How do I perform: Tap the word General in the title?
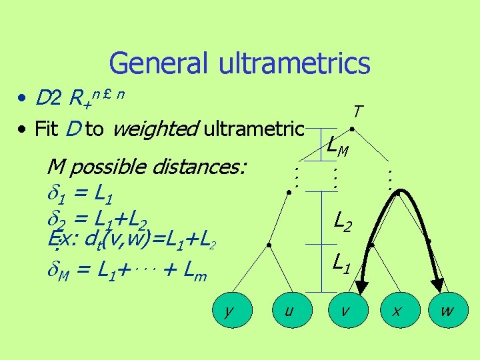(159, 63)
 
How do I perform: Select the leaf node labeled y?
(229, 311)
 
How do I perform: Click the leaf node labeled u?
(288, 311)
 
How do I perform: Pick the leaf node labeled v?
(343, 311)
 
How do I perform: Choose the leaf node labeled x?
(396, 311)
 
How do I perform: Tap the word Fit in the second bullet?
(45, 129)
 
